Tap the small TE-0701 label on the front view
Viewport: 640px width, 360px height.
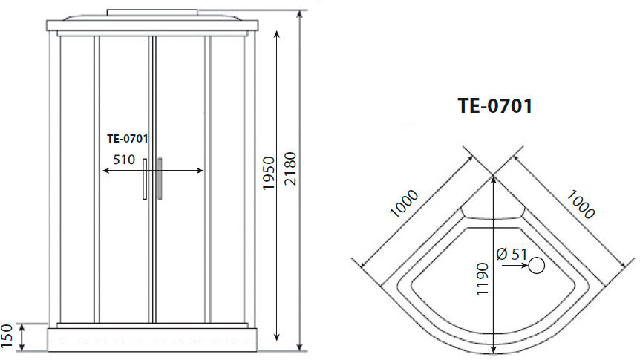tap(128, 138)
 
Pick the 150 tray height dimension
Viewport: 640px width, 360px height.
tap(8, 336)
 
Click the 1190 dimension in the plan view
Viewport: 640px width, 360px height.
tap(482, 278)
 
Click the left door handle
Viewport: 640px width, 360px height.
tap(145, 179)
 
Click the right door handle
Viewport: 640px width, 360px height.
tap(159, 179)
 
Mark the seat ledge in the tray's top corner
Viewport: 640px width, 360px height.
tap(493, 215)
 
